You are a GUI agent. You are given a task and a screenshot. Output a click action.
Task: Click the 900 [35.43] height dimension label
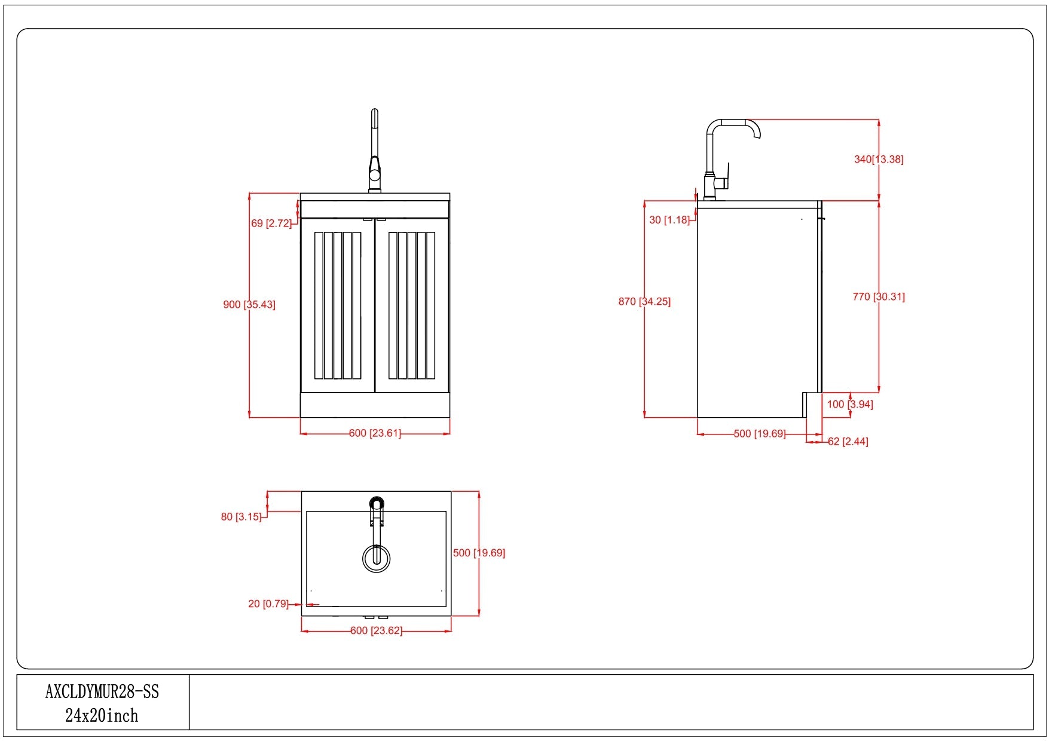(249, 305)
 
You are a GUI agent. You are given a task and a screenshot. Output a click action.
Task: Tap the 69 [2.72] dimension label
(271, 223)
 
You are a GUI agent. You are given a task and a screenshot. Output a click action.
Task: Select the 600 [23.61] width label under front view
(375, 433)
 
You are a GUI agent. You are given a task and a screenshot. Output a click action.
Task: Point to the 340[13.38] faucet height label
(879, 160)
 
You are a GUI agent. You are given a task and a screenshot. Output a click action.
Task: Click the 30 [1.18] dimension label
(669, 220)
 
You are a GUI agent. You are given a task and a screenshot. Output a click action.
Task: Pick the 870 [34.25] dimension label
(644, 302)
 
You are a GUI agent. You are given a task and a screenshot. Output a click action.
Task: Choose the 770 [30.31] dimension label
(879, 297)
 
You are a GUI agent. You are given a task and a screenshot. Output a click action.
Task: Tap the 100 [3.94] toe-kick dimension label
(850, 405)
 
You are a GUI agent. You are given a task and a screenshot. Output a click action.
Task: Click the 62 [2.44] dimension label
(848, 442)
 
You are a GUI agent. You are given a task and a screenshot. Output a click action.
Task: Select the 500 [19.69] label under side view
(760, 434)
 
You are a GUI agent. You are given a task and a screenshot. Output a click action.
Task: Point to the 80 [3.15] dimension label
(241, 517)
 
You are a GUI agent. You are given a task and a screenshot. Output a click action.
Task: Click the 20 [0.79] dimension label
(268, 604)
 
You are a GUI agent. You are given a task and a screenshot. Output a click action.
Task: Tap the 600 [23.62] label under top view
(376, 631)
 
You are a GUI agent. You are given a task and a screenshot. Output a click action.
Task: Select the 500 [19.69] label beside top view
(479, 553)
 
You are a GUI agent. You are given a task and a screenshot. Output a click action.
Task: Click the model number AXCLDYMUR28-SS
(102, 692)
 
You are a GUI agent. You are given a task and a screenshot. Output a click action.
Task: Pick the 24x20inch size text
(102, 716)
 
